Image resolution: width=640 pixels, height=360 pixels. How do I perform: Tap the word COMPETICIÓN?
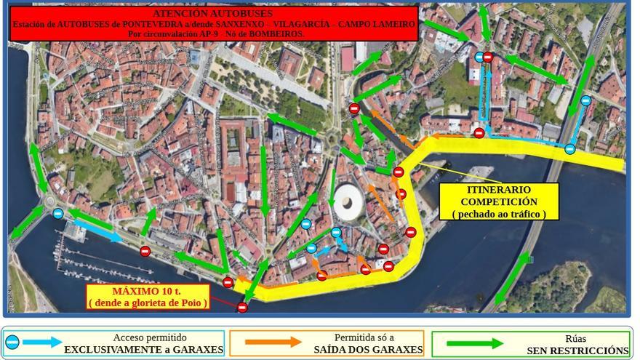point(499,201)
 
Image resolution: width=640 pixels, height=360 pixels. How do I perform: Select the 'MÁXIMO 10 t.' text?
point(148,292)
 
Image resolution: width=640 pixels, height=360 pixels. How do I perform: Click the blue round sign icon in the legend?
point(12,342)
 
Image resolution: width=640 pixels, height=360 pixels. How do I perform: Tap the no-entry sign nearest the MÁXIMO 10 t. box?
point(242,308)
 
